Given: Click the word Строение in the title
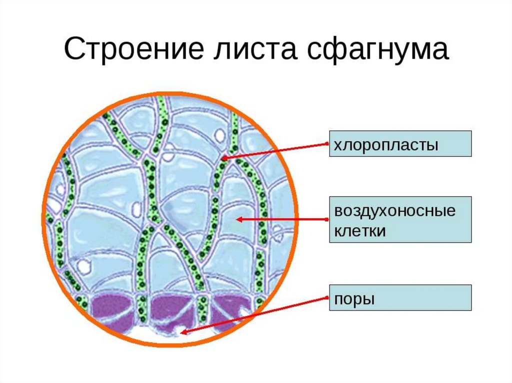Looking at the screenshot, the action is pyautogui.click(x=125, y=51).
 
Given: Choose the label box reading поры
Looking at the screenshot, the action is pyautogui.click(x=400, y=298).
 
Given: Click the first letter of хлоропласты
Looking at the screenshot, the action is pyautogui.click(x=337, y=145).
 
